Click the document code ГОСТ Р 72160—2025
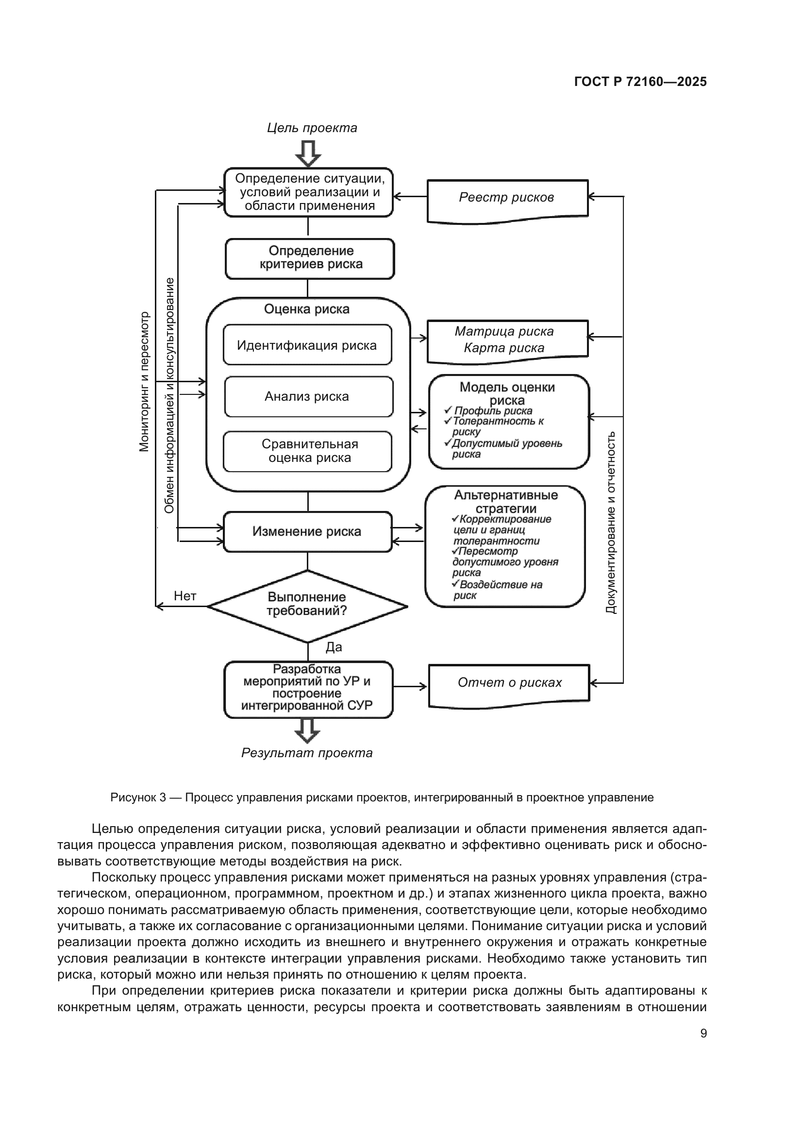pos(640,82)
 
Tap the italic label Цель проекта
pos(312,128)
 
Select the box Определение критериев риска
pos(310,258)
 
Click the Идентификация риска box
pos(307,345)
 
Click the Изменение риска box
pos(307,532)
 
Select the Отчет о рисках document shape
pos(509,683)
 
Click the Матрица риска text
pos(504,332)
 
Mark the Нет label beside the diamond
pos(185,596)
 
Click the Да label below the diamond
pos(334,647)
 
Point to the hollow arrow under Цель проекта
pos(308,154)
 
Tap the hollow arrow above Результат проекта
pos(307,731)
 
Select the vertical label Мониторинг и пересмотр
pos(144,381)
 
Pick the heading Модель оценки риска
pos(507,394)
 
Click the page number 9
pos(703,1033)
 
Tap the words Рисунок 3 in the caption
pos(138,797)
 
